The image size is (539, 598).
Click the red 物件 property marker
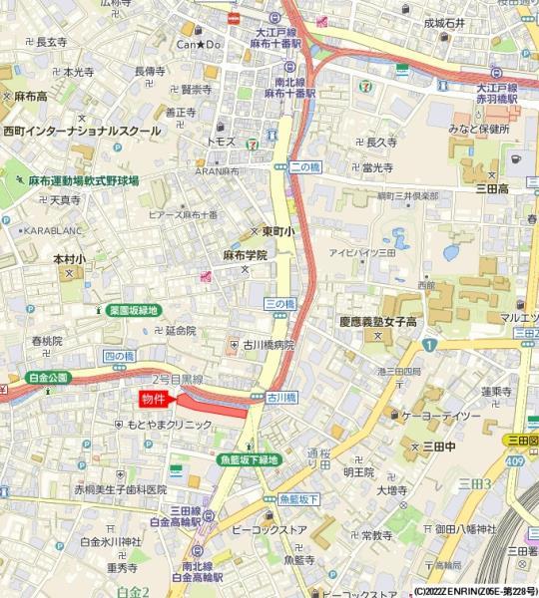pos(153,399)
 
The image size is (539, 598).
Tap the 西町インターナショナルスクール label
pos(82,131)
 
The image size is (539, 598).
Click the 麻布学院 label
pos(245,255)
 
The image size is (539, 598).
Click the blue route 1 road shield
pos(429,344)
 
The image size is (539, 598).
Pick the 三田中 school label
pos(439,446)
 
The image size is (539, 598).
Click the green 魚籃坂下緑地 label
pos(250,459)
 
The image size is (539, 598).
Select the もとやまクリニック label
pos(169,424)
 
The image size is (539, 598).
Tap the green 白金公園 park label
pos(47,378)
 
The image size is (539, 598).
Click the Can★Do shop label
pos(199,44)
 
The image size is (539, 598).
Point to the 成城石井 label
pos(445,22)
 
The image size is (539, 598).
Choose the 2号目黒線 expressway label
pos(178,380)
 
